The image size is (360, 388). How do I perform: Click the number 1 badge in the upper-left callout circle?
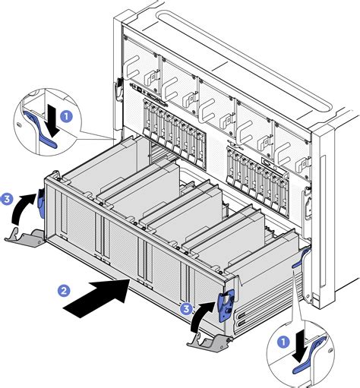click(x=66, y=117)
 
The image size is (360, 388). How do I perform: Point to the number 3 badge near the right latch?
click(x=185, y=308)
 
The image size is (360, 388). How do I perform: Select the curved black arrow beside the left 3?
click(x=25, y=207)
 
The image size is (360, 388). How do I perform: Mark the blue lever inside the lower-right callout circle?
click(x=311, y=363)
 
